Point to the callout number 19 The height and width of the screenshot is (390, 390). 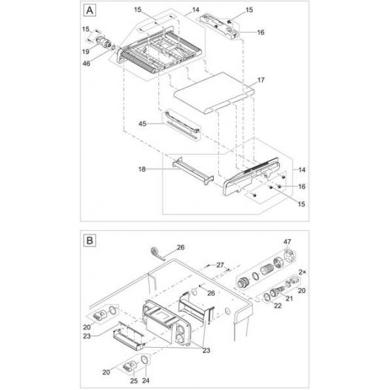[x=86, y=52]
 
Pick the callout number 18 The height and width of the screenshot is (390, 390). [x=141, y=169]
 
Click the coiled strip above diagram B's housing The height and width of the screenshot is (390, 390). [x=155, y=252]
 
